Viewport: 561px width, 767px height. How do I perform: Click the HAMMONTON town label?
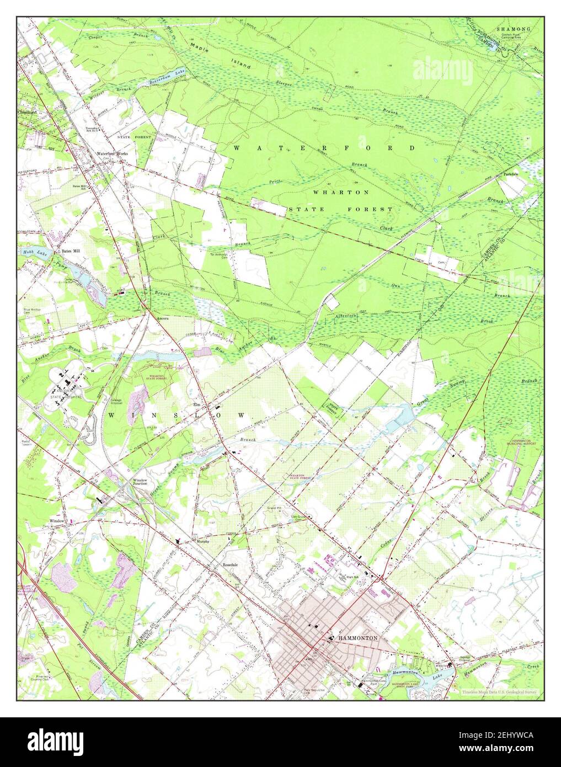point(358,637)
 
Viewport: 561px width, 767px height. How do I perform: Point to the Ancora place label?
point(162,319)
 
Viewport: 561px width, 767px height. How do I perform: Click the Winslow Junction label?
point(140,482)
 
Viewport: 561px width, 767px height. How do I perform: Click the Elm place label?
point(195,404)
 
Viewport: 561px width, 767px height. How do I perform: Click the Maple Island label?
point(220,55)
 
